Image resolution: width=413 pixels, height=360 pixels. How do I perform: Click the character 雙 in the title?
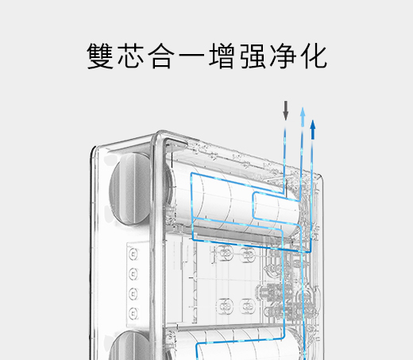click(x=100, y=56)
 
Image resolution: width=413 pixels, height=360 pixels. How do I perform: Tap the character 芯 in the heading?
click(x=130, y=56)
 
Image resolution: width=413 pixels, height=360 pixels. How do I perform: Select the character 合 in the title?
click(x=161, y=56)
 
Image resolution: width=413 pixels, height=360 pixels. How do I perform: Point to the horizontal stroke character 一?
click(x=191, y=56)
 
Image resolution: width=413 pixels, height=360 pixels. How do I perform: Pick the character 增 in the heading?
click(x=222, y=56)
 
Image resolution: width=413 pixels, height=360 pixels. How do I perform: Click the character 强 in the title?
click(x=253, y=56)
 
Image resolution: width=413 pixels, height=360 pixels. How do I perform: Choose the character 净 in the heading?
click(x=283, y=56)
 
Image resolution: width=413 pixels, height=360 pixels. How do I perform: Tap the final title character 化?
click(x=314, y=56)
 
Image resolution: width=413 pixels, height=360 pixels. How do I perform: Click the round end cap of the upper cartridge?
click(x=129, y=189)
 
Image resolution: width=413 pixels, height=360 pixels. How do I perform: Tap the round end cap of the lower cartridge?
click(x=129, y=345)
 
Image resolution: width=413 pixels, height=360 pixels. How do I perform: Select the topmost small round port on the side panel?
click(x=133, y=254)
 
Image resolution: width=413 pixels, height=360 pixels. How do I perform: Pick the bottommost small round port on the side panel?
click(x=133, y=313)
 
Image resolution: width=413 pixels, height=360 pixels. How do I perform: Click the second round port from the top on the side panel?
click(x=133, y=274)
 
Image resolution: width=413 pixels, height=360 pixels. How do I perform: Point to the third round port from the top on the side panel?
click(x=133, y=294)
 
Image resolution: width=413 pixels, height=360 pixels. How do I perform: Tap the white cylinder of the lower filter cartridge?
click(x=236, y=344)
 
